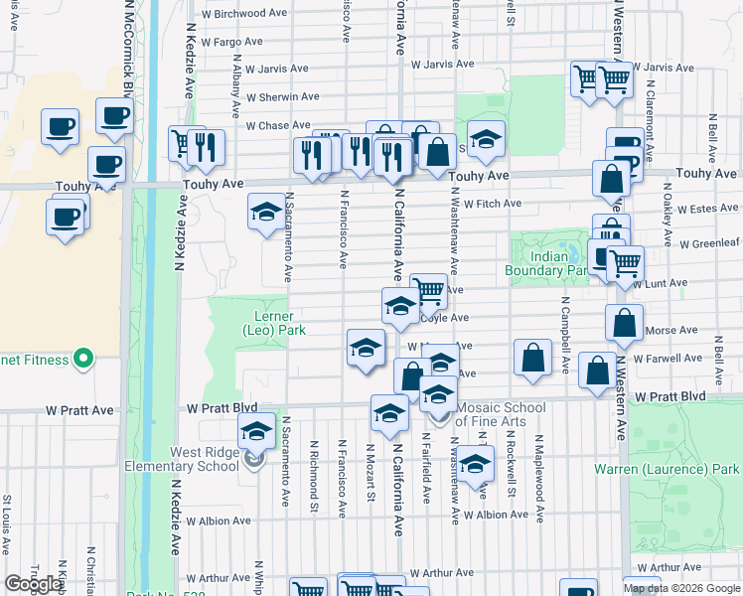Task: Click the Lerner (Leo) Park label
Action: tap(273, 323)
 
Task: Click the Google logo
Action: tap(33, 584)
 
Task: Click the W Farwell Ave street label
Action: tap(667, 358)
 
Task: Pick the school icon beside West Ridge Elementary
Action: tap(256, 433)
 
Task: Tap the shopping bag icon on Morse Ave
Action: tap(623, 323)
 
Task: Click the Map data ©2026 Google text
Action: tap(681, 588)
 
